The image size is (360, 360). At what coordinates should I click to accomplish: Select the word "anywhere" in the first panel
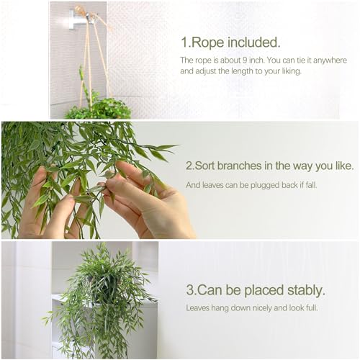[x=330, y=60]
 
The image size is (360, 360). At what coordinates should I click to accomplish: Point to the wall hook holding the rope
[x=78, y=18]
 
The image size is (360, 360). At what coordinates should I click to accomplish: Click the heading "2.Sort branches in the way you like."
[x=269, y=166]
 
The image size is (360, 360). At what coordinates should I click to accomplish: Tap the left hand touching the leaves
[x=50, y=209]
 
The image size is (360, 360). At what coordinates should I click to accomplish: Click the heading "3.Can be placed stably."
[x=255, y=291]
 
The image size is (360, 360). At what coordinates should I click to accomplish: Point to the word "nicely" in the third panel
[x=271, y=308]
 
